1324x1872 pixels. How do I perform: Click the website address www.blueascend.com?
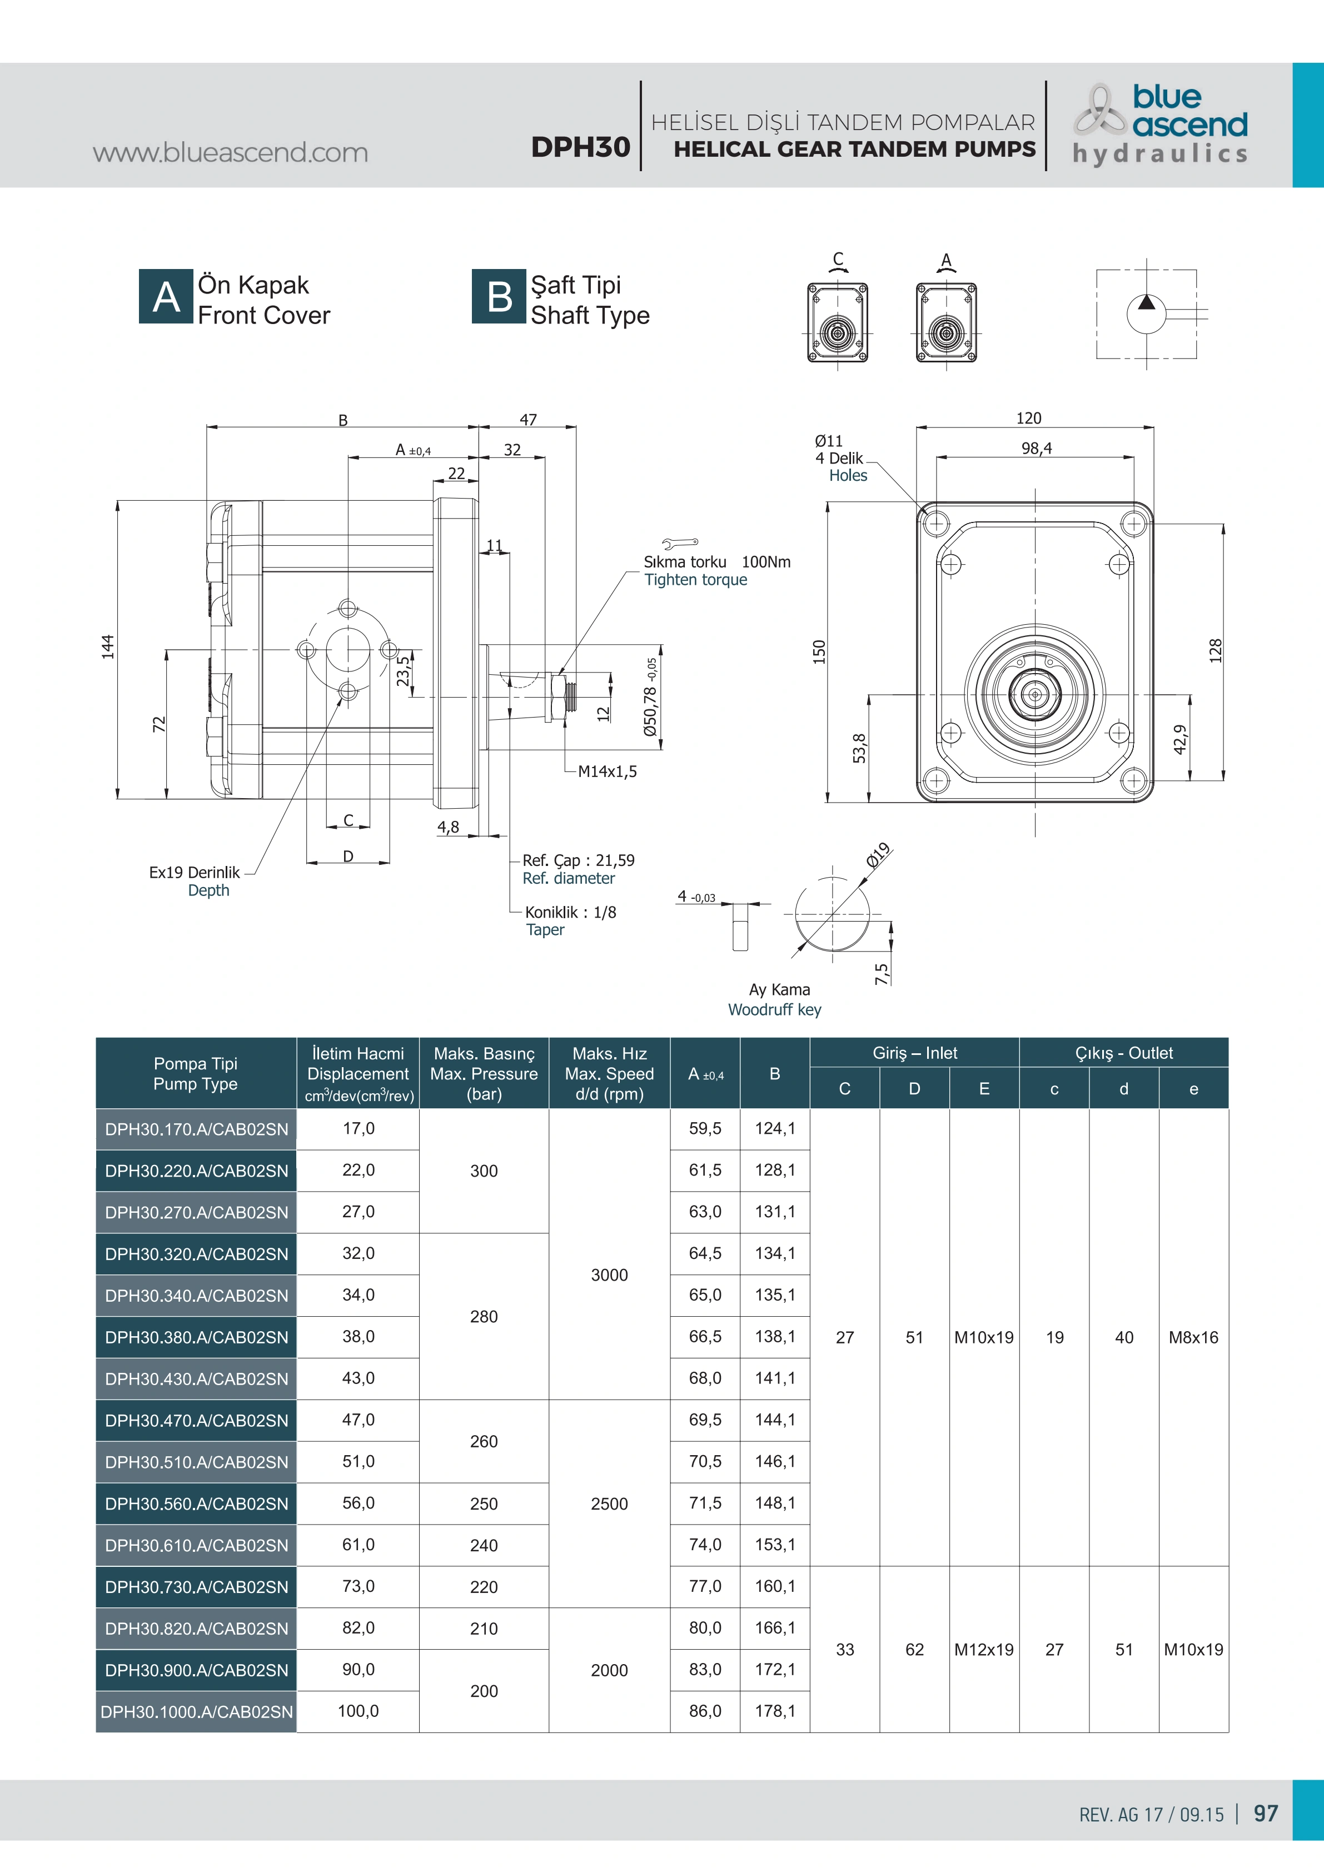point(230,152)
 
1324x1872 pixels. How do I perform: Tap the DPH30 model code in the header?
point(580,147)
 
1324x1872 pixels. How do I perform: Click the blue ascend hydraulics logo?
point(1160,124)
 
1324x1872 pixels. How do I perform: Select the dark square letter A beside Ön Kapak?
point(166,297)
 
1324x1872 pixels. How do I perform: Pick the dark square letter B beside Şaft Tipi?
point(499,297)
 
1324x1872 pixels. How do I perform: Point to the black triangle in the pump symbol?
point(1146,302)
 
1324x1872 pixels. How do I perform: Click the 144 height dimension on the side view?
point(108,646)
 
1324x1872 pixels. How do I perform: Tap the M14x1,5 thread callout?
point(608,771)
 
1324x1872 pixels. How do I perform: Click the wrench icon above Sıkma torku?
point(680,542)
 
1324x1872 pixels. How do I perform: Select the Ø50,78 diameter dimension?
point(650,698)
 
